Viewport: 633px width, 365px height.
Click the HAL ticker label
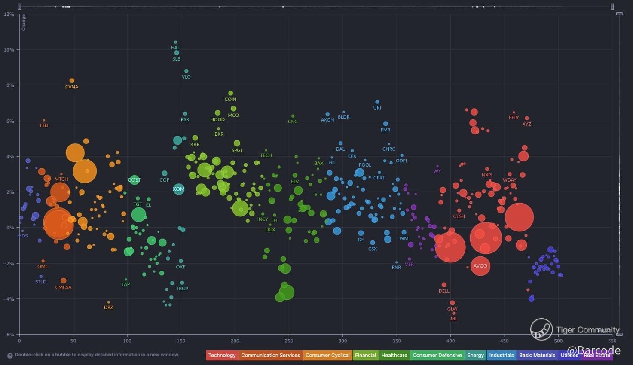175,48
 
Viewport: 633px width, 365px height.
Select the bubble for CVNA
72,81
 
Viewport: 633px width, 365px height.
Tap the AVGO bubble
480,266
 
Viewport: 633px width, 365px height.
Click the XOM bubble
179,189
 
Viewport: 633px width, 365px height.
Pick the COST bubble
135,180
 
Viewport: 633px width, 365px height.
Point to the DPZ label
109,307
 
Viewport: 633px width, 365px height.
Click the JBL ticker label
453,319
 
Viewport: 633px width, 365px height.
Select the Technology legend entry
222,355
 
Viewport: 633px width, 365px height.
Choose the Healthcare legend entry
394,355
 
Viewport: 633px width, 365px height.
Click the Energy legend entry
475,355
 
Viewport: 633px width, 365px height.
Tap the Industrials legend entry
502,355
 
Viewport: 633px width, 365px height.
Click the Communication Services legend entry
271,355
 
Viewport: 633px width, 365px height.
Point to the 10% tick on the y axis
9,50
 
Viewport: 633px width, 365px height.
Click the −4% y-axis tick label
9,299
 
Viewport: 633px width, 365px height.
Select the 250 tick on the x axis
289,341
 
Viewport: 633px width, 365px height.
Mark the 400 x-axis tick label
450,341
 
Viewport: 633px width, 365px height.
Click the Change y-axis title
24,22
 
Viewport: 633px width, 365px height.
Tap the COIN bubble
231,93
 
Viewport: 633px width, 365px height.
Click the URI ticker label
377,108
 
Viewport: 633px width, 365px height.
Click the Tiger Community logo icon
541,329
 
